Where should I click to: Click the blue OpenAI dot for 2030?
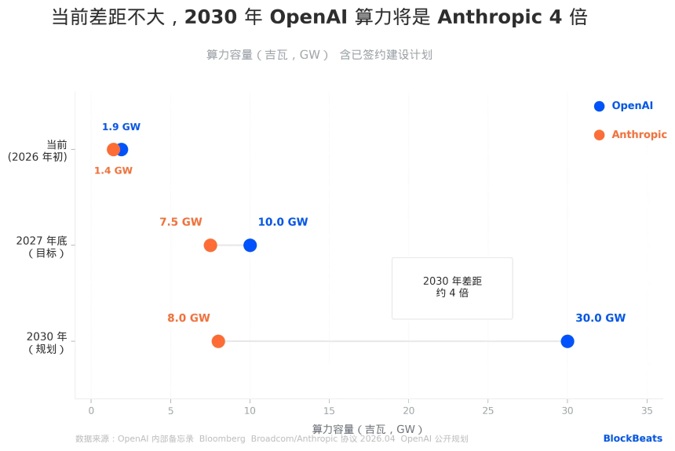[567, 341]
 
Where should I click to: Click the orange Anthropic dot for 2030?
[218, 341]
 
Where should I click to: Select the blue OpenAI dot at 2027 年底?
[250, 246]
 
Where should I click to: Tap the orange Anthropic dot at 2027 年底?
[210, 246]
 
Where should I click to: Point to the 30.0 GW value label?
[600, 318]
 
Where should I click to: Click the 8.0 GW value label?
[188, 318]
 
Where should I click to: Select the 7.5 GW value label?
[181, 222]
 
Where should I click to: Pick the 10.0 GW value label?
[283, 222]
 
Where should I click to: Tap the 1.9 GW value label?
[121, 127]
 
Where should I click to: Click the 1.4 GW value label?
[113, 171]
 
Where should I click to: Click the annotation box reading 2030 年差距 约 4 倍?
[452, 287]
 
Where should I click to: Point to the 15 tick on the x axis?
[329, 410]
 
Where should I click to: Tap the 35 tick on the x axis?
[647, 410]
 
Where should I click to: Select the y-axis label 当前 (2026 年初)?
[38, 151]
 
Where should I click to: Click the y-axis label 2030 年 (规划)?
[46, 343]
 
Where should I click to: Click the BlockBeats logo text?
[633, 438]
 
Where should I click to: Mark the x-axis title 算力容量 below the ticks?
[367, 429]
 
